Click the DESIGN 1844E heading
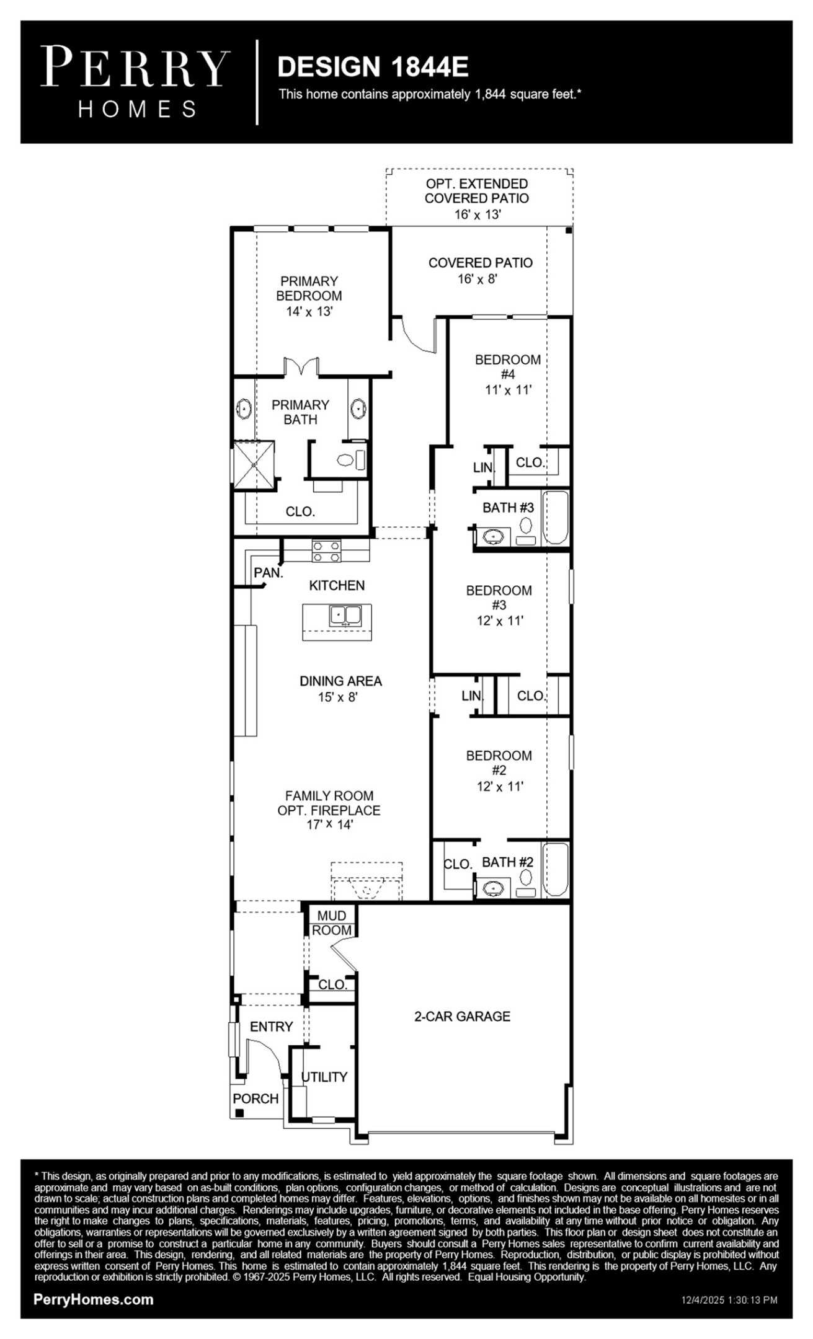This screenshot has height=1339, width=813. click(372, 67)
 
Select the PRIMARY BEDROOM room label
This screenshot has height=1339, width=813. click(309, 288)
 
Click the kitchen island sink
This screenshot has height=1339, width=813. click(345, 615)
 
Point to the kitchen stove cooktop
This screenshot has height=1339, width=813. click(326, 551)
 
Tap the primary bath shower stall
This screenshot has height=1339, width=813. click(253, 465)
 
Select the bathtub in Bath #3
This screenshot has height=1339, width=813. click(556, 518)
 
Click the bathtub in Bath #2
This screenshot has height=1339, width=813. click(556, 869)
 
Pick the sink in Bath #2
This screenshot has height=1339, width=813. click(494, 888)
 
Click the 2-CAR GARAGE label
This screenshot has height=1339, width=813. click(462, 1016)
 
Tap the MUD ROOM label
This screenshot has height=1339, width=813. click(332, 923)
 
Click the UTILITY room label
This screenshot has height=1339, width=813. click(324, 1077)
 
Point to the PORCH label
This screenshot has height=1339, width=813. click(255, 1098)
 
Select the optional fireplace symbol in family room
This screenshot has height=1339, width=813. click(367, 883)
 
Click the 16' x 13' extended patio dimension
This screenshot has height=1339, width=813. click(477, 214)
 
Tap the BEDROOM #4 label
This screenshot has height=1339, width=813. click(508, 366)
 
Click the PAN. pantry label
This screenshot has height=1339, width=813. click(268, 573)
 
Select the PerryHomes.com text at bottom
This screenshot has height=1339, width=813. click(94, 1300)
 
